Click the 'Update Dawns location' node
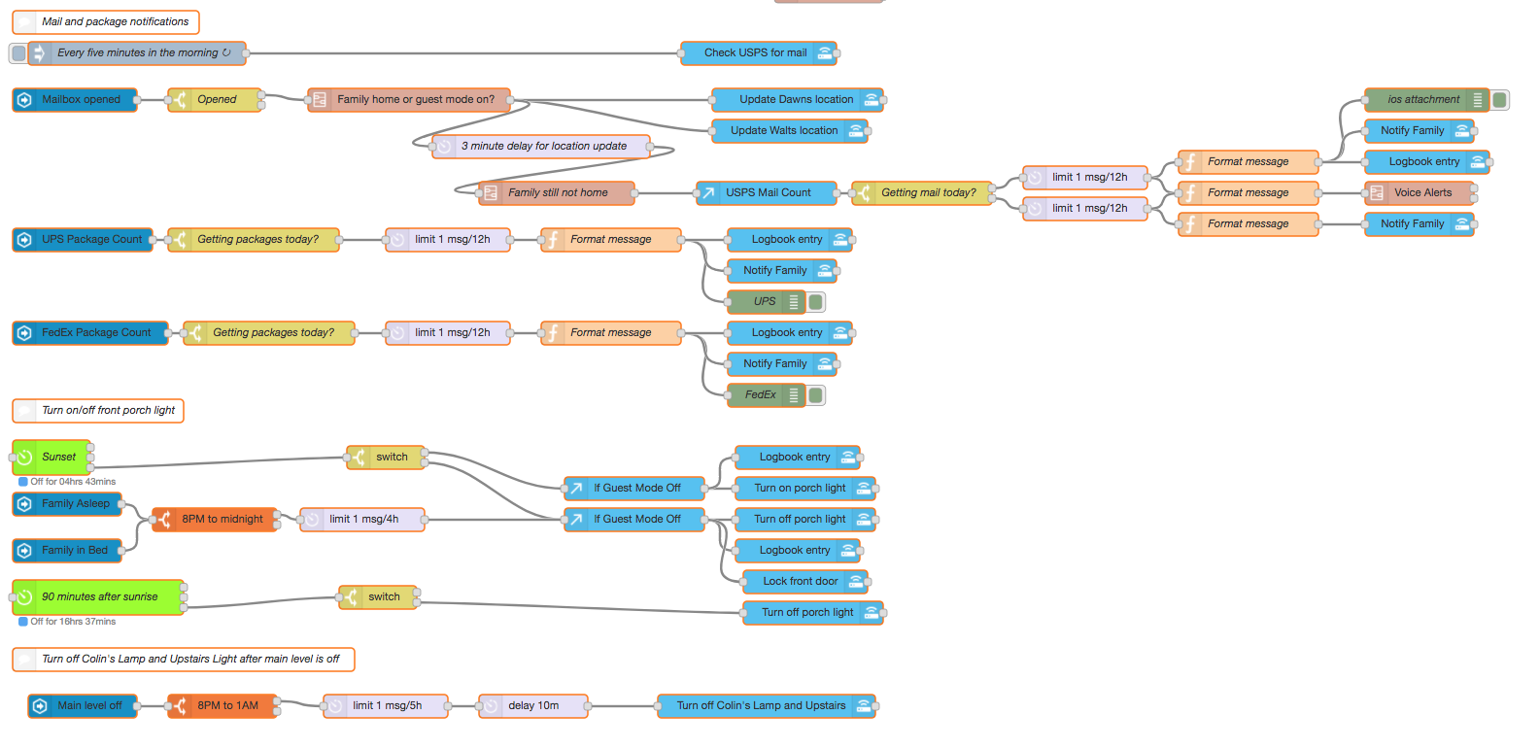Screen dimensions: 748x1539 point(797,100)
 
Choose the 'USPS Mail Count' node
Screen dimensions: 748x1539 point(767,193)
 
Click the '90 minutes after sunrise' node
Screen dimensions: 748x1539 point(98,597)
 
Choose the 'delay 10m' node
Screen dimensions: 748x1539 point(533,706)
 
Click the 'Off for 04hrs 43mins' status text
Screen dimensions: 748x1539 point(72,482)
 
